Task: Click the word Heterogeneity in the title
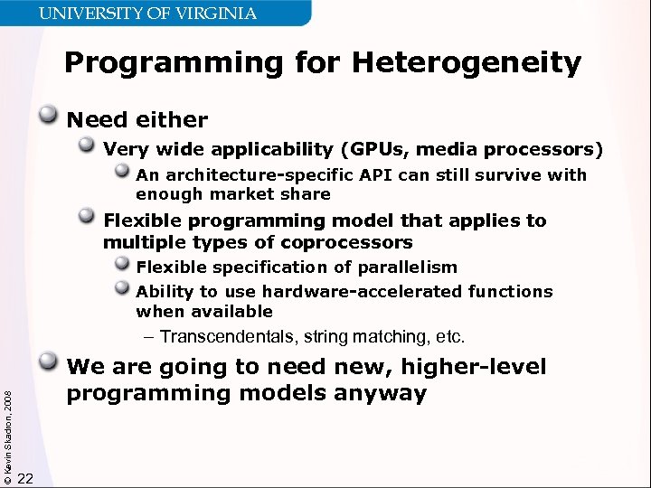[467, 63]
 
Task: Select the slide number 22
[25, 478]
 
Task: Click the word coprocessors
[348, 242]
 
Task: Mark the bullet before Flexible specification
[123, 264]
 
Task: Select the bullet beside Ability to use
[123, 288]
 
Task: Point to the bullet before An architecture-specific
[123, 172]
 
